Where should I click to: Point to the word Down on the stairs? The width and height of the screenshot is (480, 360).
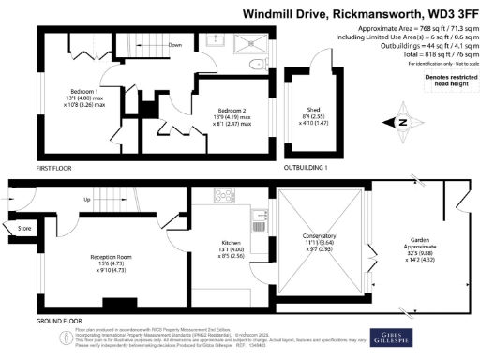tap(174, 45)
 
